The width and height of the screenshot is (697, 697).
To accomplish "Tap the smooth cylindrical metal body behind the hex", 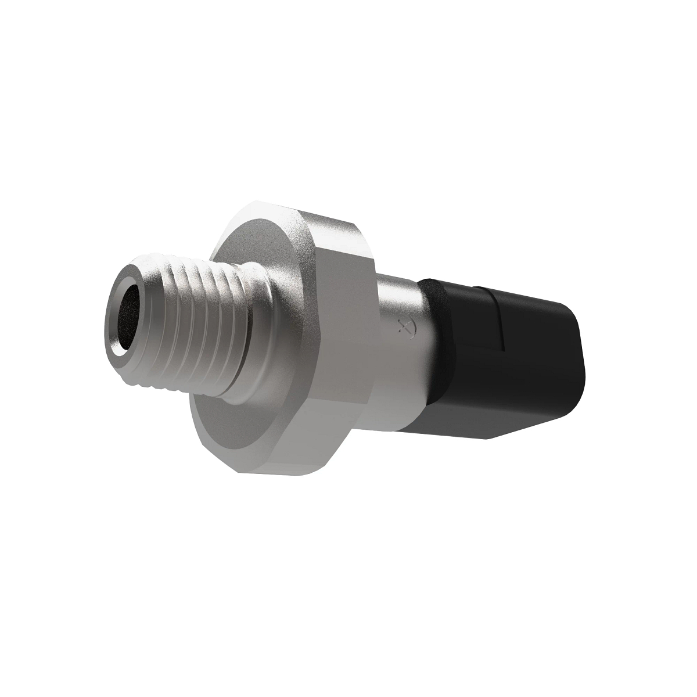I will pos(401,360).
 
